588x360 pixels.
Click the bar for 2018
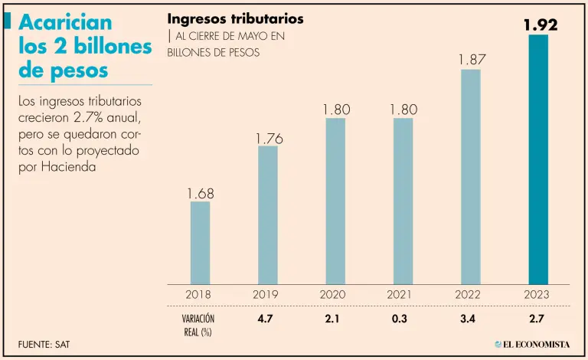(x=200, y=243)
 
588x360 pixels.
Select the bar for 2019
(x=267, y=215)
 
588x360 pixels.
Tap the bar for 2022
(x=470, y=177)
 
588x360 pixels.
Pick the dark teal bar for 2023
(x=538, y=159)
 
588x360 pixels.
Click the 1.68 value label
(x=200, y=194)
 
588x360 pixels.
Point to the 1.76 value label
(x=268, y=139)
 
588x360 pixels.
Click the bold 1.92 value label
(x=540, y=25)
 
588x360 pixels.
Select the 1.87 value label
(x=471, y=60)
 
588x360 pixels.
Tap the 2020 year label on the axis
(x=335, y=294)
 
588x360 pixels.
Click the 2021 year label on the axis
(x=403, y=294)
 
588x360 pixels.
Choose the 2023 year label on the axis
(x=538, y=294)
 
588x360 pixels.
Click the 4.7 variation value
(x=268, y=318)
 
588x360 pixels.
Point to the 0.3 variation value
(x=403, y=318)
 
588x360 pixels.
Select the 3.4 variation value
(x=470, y=318)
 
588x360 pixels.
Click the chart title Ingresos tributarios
(x=235, y=18)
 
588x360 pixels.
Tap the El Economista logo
(x=531, y=344)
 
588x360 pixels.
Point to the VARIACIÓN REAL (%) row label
(x=198, y=324)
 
